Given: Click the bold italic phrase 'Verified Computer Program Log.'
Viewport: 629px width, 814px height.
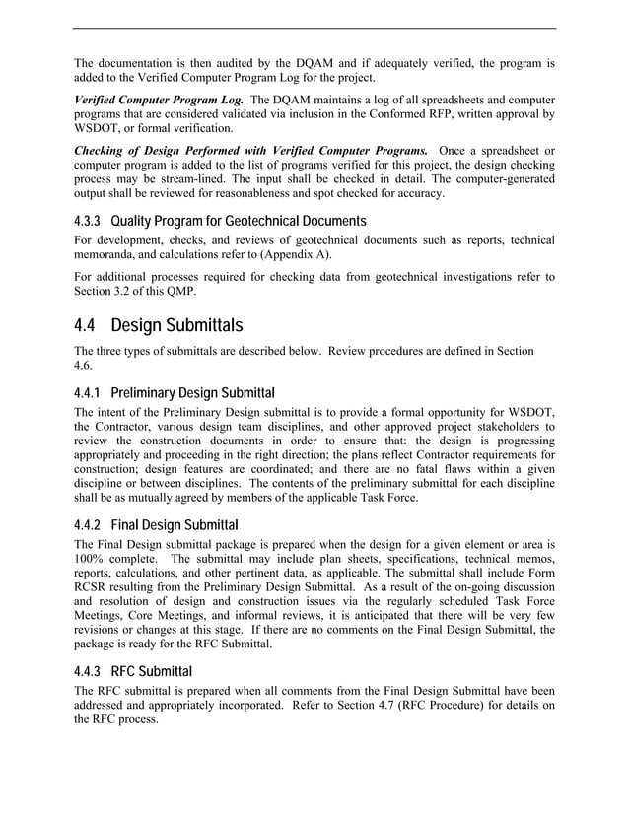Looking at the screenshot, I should (159, 100).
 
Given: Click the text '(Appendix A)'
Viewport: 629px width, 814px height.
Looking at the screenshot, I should (296, 254).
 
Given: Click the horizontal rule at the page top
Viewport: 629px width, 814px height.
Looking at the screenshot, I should (314, 29).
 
